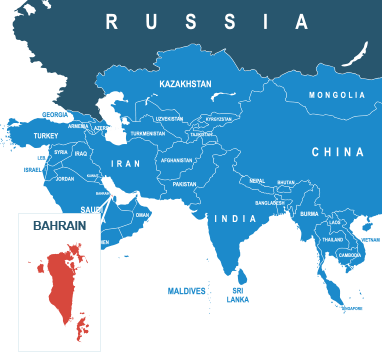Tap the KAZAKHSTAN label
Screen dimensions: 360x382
tap(185, 85)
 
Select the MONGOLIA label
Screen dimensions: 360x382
tap(337, 95)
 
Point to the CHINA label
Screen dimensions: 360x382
tap(337, 152)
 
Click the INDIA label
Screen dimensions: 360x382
tap(236, 218)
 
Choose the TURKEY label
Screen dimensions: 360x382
tap(46, 135)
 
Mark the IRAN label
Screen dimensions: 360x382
tap(126, 162)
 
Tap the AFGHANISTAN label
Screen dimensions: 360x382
tap(176, 160)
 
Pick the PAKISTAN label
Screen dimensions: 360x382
tap(184, 184)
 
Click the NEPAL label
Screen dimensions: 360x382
tap(258, 181)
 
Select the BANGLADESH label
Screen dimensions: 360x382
tap(270, 203)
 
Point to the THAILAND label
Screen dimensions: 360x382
tap(332, 240)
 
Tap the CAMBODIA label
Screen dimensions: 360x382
tap(350, 255)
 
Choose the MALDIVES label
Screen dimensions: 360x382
tap(186, 291)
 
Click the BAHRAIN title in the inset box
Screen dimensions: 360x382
tap(59, 226)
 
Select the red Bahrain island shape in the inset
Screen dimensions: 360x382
tap(63, 285)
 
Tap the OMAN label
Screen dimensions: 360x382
tap(142, 215)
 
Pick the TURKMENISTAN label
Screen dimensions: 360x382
tap(147, 133)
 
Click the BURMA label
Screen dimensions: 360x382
tap(309, 213)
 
